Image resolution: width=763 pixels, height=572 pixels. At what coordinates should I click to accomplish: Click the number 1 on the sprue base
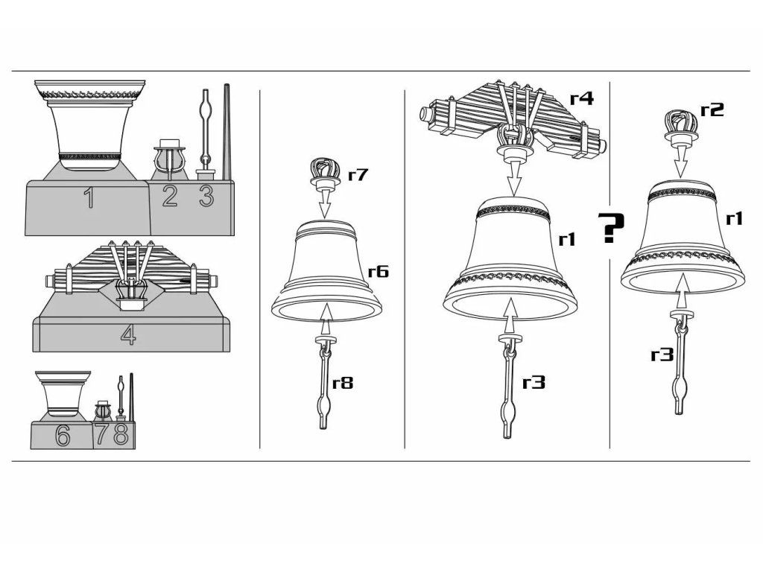pyautogui.click(x=89, y=198)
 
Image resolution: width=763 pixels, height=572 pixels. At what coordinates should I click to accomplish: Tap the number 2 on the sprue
pyautogui.click(x=170, y=196)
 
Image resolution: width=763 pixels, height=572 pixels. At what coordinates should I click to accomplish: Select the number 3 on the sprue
pyautogui.click(x=206, y=196)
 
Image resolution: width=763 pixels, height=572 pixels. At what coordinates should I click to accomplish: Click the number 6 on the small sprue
pyautogui.click(x=63, y=436)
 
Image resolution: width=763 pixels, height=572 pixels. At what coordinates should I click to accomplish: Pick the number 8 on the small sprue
pyautogui.click(x=121, y=434)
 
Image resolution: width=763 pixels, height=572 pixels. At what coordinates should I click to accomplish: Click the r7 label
pyautogui.click(x=358, y=176)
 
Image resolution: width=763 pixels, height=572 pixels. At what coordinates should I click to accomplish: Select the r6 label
pyautogui.click(x=377, y=271)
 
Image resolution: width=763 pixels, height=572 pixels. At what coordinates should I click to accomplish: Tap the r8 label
pyautogui.click(x=343, y=384)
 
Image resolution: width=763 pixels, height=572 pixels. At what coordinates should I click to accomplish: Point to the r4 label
pyautogui.click(x=581, y=98)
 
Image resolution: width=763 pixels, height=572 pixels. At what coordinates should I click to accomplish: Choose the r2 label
pyautogui.click(x=712, y=110)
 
